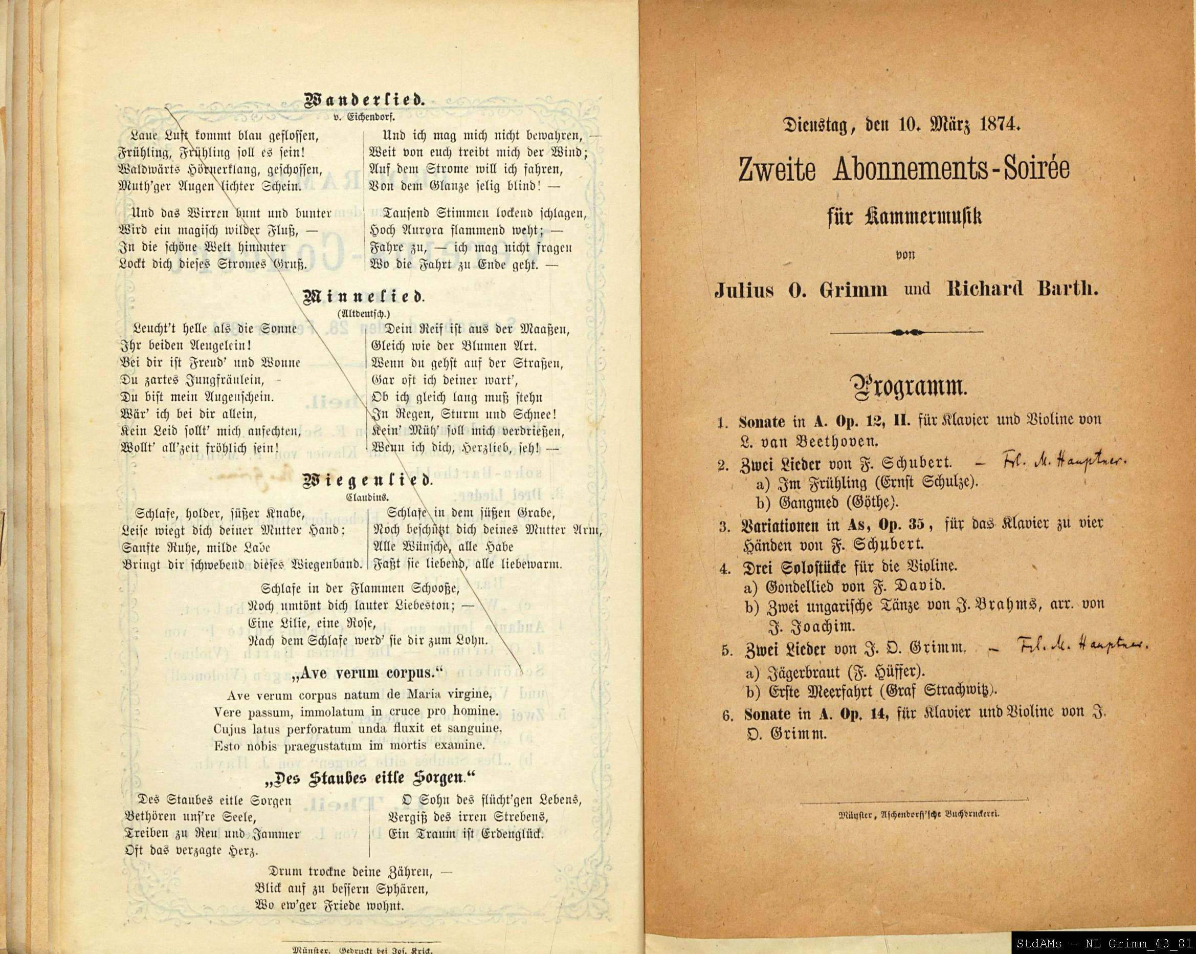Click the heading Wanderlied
click(364, 101)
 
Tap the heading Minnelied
click(364, 297)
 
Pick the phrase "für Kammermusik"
click(905, 216)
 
